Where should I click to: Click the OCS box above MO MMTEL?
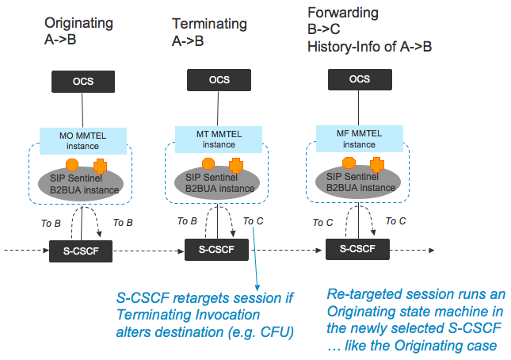click(x=82, y=81)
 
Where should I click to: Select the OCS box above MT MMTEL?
click(x=219, y=81)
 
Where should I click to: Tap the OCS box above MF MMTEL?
click(x=359, y=79)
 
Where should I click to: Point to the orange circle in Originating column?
click(x=71, y=164)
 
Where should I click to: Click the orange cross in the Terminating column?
click(x=236, y=166)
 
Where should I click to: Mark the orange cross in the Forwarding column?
click(x=377, y=165)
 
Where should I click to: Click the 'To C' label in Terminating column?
click(x=254, y=221)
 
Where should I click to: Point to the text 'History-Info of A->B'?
click(x=370, y=48)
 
